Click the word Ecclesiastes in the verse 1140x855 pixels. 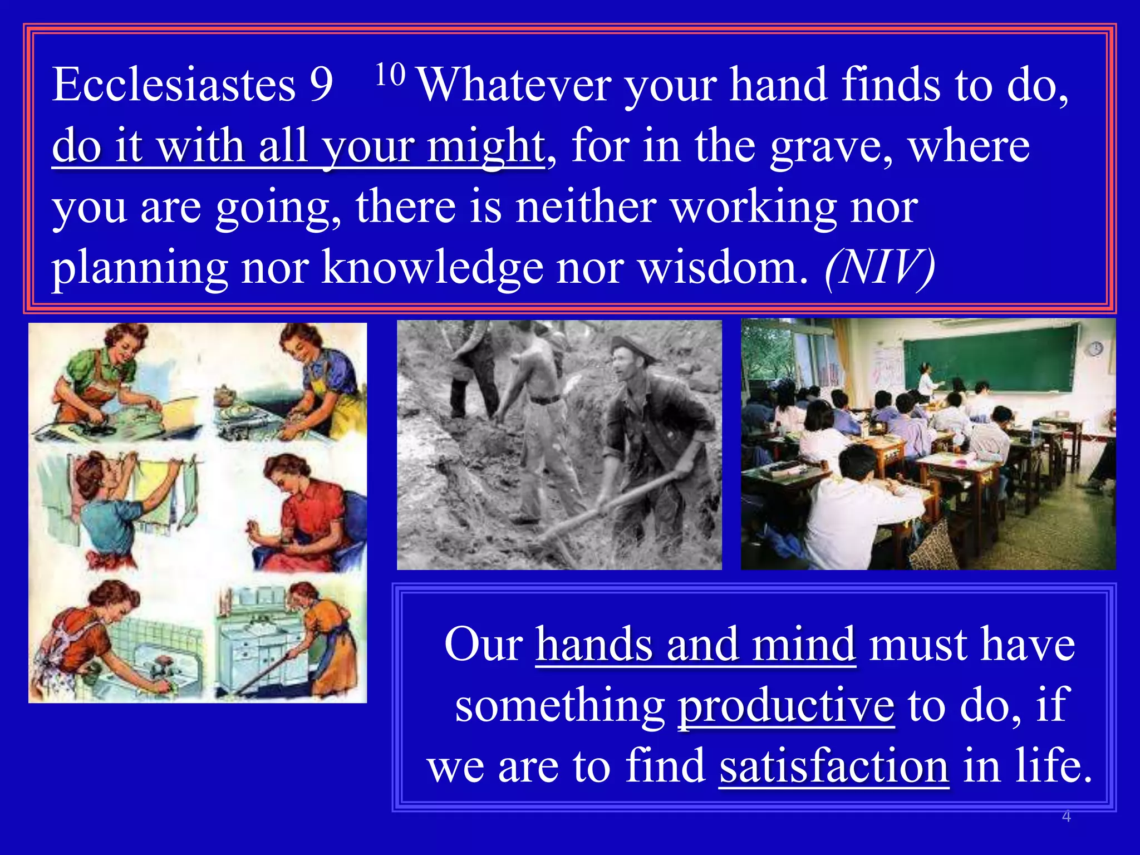click(173, 85)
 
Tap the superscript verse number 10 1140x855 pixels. click(390, 75)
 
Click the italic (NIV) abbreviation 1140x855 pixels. click(879, 267)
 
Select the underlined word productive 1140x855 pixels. click(785, 706)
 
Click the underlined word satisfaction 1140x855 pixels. click(833, 766)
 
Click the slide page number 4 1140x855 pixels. click(1066, 817)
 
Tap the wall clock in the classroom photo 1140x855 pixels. click(1095, 349)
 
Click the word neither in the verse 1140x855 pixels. click(585, 207)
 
